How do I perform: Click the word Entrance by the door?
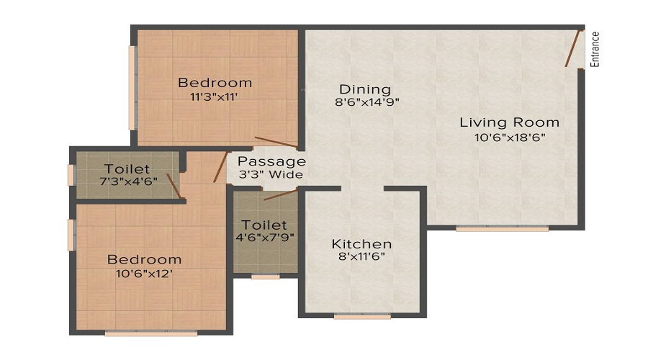click(x=595, y=50)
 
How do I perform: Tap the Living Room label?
click(x=509, y=122)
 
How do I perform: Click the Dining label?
click(x=365, y=89)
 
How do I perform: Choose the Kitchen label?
click(x=361, y=244)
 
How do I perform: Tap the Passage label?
click(x=271, y=161)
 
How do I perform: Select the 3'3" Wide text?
click(x=271, y=175)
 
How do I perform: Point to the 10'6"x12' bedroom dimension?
click(x=144, y=274)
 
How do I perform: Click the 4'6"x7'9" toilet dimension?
click(x=264, y=238)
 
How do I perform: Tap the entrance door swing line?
click(x=573, y=49)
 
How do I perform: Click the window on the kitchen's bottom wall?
click(x=362, y=315)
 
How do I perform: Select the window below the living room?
click(x=502, y=228)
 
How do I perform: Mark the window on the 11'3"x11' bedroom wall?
click(x=132, y=88)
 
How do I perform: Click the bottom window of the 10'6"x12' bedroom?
click(x=150, y=333)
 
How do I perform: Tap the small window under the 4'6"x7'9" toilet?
click(x=265, y=276)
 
